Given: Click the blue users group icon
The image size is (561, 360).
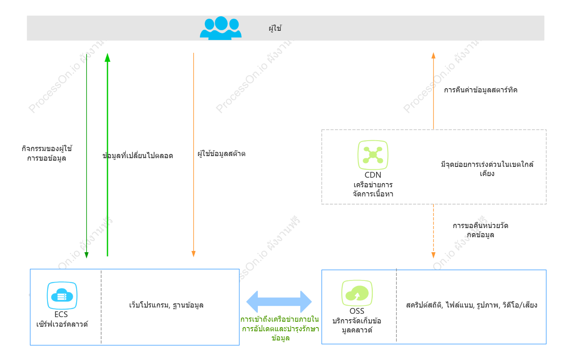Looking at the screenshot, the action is point(221,28).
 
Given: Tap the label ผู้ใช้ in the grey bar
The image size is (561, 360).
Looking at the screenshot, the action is point(275,28).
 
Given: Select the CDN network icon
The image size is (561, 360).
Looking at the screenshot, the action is point(373,155).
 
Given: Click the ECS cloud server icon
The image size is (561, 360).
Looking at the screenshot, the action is point(62,295).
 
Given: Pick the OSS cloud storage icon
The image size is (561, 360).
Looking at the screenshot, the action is point(357,293).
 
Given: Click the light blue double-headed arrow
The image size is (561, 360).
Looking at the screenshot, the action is point(279,302).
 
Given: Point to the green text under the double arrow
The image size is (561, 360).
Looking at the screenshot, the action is point(280,329).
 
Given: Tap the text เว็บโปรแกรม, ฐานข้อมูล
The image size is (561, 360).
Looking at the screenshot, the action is point(166,305).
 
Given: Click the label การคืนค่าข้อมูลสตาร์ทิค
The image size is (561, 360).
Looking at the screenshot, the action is point(481,90).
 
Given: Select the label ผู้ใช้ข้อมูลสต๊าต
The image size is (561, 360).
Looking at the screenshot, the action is point(222,154).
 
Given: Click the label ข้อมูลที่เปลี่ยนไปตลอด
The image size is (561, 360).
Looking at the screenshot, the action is point(138,156).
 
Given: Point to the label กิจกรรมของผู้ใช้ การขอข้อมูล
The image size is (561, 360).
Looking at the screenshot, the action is point(47,153).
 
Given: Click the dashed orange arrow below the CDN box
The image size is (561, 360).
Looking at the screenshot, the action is point(433,231).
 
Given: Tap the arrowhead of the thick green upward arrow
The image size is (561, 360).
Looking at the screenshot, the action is point(107,57).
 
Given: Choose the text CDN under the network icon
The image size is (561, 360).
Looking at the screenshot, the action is point(373,175).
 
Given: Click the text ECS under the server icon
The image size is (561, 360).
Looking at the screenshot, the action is point(61,315).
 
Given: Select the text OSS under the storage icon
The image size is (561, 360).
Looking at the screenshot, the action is point(357,311).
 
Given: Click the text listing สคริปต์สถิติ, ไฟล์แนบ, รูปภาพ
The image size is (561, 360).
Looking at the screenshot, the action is point(471,305).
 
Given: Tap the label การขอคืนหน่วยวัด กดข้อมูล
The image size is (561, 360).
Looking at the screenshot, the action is point(480,230).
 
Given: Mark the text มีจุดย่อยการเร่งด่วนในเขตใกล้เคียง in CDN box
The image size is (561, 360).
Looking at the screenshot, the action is point(487,169).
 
